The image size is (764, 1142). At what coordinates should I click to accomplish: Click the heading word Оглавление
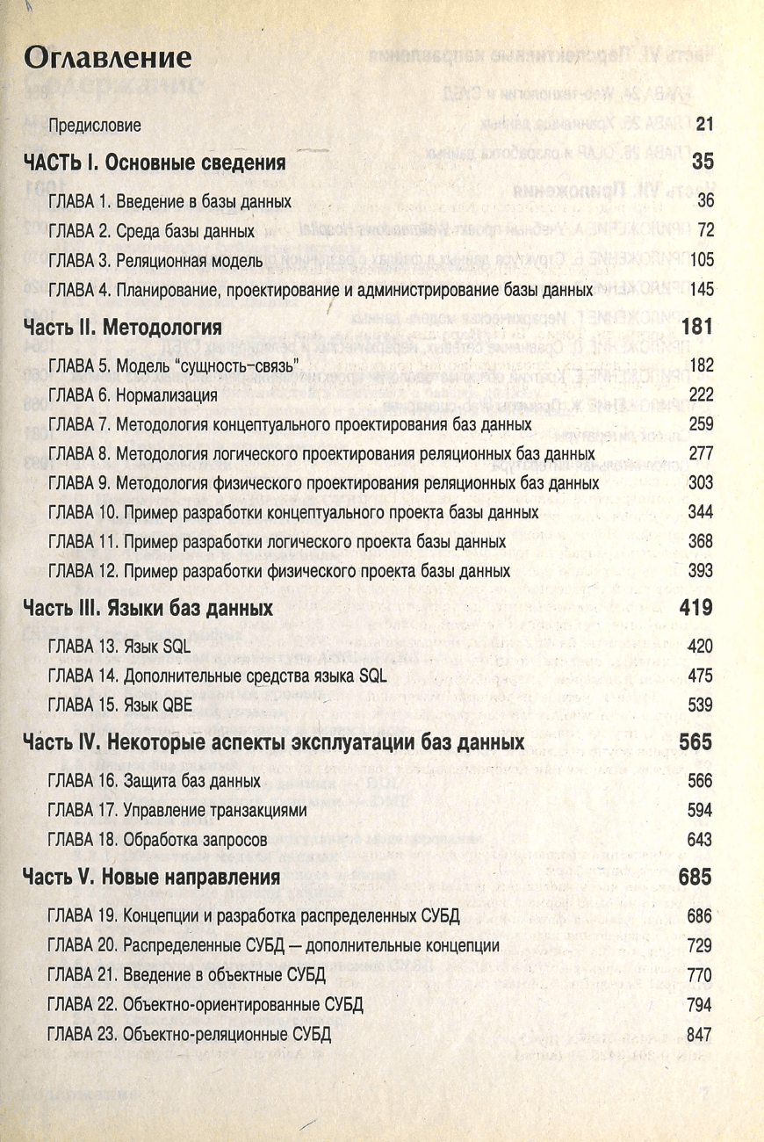107,57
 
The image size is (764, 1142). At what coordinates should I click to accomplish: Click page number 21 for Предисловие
703,125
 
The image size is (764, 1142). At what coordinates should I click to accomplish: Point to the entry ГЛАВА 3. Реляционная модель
155,260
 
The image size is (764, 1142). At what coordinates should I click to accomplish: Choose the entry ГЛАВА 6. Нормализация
133,395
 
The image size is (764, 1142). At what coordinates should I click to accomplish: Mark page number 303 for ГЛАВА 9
700,483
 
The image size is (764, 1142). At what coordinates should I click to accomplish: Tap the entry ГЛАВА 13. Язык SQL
119,647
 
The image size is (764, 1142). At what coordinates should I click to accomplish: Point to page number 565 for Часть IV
696,742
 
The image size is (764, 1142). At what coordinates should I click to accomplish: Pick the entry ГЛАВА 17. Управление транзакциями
178,810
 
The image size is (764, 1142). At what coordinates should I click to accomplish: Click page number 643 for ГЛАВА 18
700,839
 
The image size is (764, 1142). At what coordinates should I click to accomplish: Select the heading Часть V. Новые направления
151,877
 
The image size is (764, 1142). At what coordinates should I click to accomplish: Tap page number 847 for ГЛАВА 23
700,1034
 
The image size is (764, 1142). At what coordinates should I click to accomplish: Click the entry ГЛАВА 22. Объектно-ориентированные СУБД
205,1004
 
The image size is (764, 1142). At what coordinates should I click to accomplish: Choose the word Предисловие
95,125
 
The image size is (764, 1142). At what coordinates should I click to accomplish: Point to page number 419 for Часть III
696,608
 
